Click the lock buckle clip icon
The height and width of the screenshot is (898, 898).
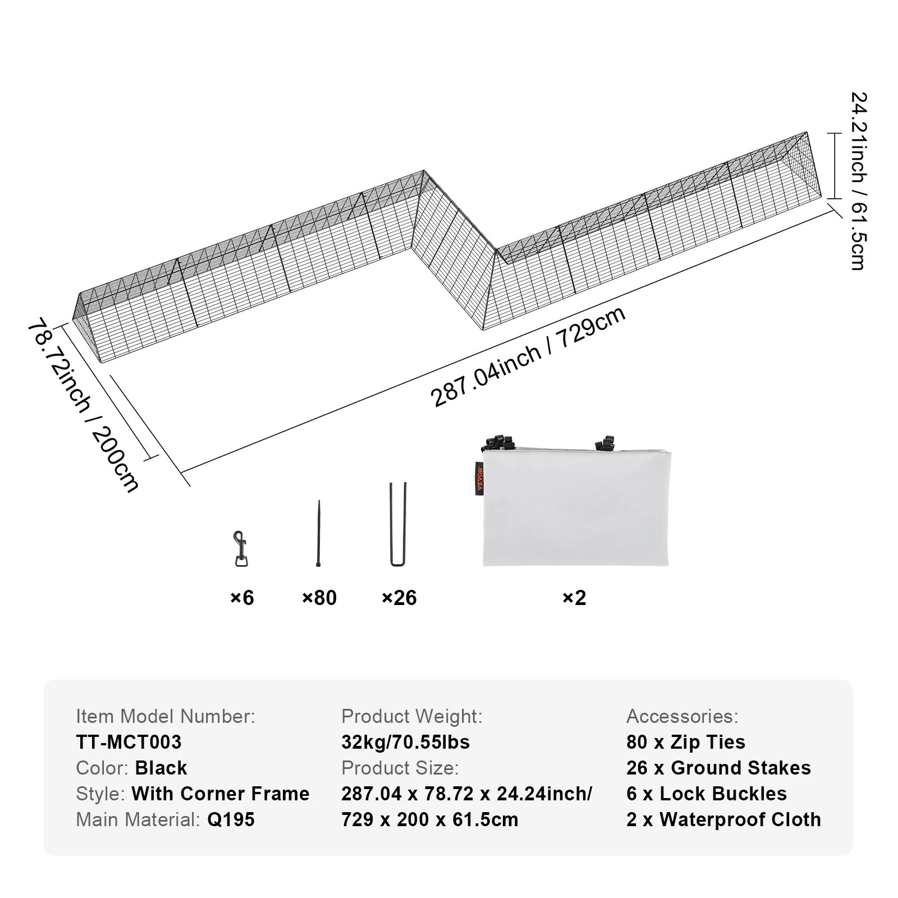coord(241,549)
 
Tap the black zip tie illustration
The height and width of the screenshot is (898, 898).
coord(319,534)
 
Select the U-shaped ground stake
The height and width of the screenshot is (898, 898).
coord(398,524)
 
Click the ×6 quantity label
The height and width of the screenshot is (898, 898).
coord(242,598)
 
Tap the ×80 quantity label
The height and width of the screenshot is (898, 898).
coord(319,598)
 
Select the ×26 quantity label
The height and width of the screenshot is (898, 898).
coord(399,598)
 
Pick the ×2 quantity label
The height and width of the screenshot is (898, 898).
coord(574,598)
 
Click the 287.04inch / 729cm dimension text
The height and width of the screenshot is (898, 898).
coord(528,358)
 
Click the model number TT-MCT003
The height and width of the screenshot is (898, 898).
coord(129,742)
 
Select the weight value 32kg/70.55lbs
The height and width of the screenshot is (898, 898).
coord(405,742)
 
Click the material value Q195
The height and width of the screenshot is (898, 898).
coord(231,819)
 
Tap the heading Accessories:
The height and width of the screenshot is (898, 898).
coord(682,716)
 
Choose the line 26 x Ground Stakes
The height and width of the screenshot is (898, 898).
coord(718,768)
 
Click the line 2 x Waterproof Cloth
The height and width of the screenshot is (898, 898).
coord(723,819)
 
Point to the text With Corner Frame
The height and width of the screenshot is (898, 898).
coord(221,794)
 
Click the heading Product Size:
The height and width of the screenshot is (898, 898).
coord(400,768)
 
